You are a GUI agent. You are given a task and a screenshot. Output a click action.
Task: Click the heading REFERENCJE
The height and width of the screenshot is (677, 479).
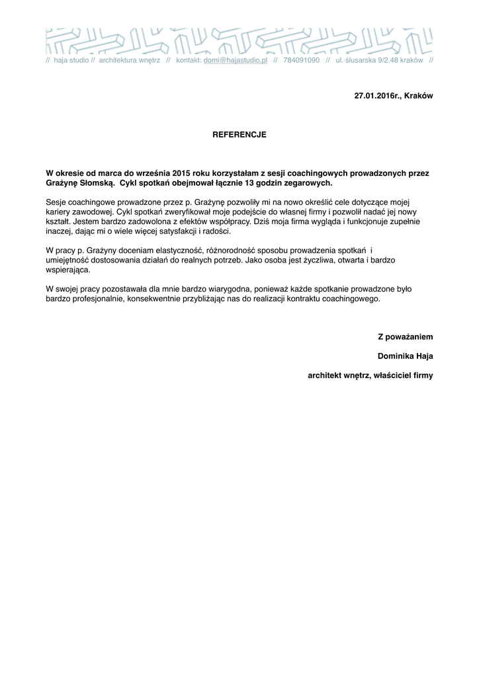[239, 134]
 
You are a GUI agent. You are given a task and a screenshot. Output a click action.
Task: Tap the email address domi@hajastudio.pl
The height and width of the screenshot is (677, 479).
[235, 60]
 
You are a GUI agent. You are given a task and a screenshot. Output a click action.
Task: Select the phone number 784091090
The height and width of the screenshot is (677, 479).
[301, 60]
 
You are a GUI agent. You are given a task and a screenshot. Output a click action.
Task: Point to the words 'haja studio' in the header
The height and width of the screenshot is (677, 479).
[71, 60]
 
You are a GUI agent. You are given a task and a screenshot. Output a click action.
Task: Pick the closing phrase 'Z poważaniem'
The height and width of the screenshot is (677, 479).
[405, 337]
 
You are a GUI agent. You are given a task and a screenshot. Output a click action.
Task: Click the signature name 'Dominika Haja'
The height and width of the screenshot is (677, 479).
[405, 356]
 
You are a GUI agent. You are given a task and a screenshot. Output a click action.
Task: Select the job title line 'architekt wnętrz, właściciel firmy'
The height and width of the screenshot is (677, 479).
[370, 376]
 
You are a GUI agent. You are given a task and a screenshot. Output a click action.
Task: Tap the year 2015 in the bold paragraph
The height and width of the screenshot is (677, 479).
[181, 173]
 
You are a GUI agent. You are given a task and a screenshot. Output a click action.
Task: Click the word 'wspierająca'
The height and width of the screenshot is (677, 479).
[67, 270]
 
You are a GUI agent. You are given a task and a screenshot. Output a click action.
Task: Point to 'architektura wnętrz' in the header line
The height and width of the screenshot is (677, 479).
[129, 60]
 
